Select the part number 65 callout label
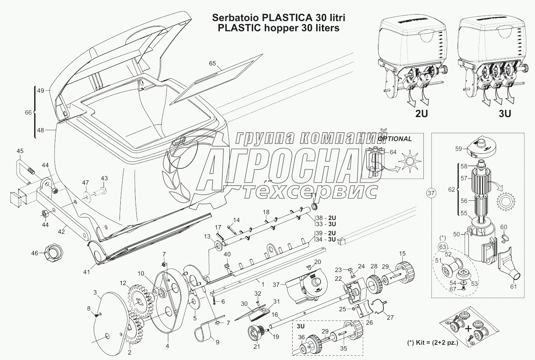coord(212,63)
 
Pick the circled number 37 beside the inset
coord(431,193)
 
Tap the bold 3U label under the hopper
coord(505,114)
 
